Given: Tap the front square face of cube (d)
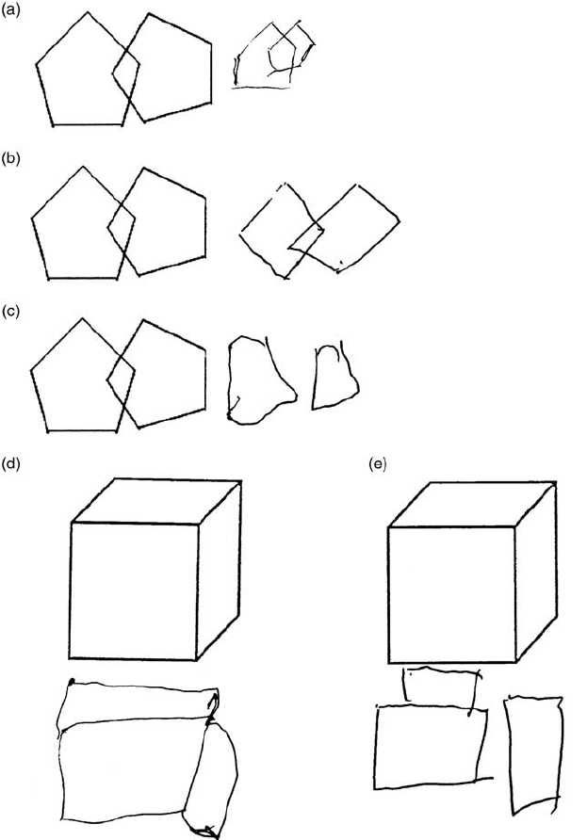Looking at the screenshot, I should coord(134,590).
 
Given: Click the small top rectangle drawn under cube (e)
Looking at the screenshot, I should coord(438,686).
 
